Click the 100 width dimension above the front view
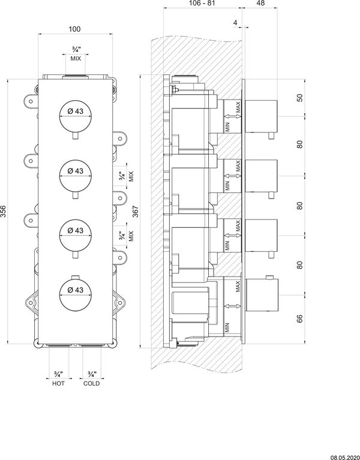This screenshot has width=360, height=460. (74, 29)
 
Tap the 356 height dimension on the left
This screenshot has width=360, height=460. (3, 211)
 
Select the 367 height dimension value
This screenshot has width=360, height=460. (135, 211)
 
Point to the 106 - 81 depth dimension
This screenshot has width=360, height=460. (202, 3)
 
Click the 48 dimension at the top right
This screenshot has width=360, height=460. (260, 3)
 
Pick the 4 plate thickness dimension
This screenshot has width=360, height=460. (235, 22)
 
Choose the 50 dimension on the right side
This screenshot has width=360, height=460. (299, 98)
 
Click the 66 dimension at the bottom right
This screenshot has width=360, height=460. (299, 318)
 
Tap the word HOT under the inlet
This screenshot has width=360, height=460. (58, 383)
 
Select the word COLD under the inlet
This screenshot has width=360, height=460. (92, 383)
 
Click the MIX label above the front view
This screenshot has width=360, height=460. (76, 58)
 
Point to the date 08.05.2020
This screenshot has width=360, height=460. (346, 458)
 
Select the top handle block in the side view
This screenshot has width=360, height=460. (261, 116)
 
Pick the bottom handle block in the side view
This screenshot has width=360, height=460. (261, 295)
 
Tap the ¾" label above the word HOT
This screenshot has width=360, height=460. (58, 374)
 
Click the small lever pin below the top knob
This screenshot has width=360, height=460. (76, 136)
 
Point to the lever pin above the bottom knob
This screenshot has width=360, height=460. (76, 277)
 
